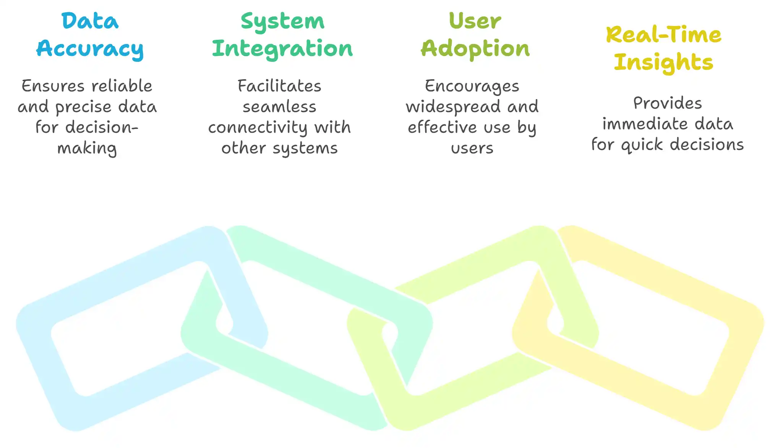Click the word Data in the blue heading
(90, 21)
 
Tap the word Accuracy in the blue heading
(90, 49)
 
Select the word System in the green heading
(282, 21)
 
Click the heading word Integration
(282, 49)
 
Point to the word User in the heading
(475, 21)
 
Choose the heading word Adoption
(475, 49)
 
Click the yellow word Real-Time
(663, 35)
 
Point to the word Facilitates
(279, 86)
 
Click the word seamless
(279, 107)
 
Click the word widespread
(453, 107)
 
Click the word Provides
(667, 103)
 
